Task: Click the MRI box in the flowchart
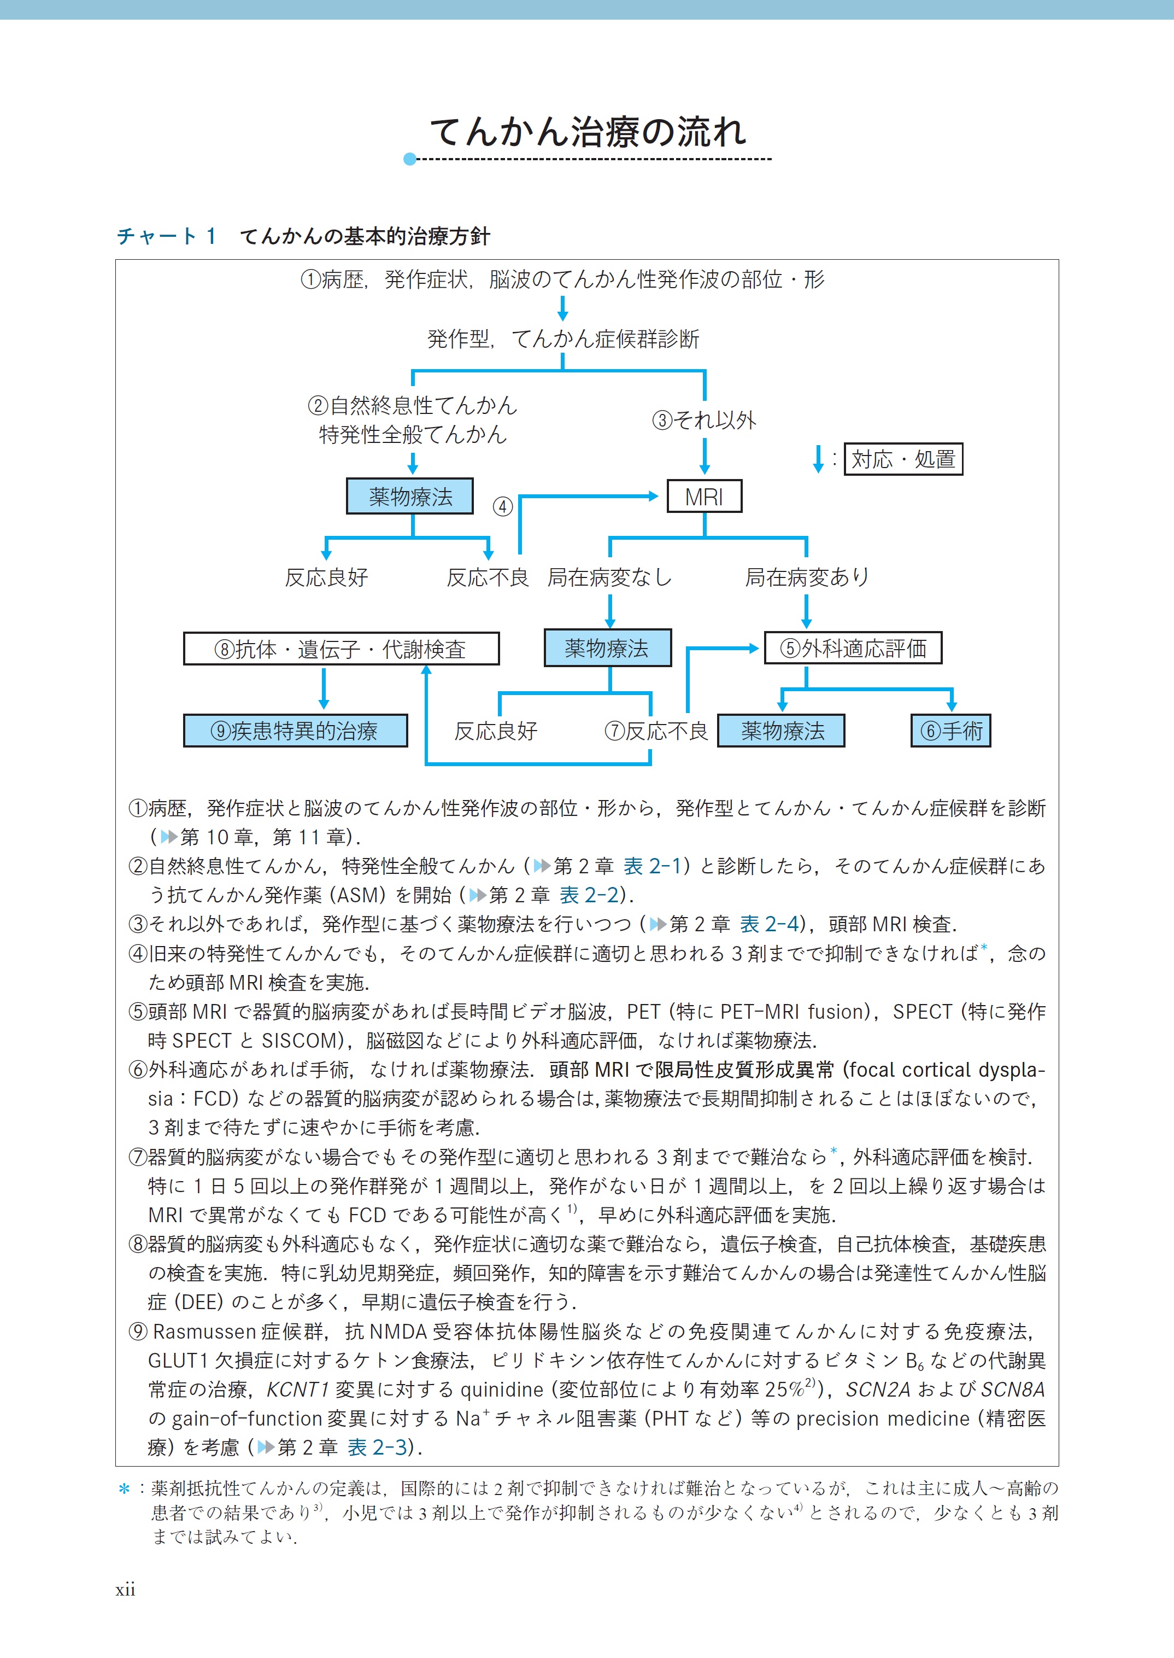(x=704, y=497)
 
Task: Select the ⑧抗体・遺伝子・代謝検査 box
(x=341, y=649)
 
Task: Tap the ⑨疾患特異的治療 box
(x=295, y=731)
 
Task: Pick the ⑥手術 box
(x=950, y=731)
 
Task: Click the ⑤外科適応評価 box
(x=853, y=648)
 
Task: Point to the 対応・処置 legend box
(x=903, y=459)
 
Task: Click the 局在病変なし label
(x=609, y=577)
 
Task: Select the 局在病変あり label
(x=807, y=577)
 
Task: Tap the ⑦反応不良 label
(x=656, y=731)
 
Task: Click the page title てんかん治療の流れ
(x=588, y=132)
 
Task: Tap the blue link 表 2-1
(x=652, y=866)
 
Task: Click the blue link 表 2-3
(x=377, y=1447)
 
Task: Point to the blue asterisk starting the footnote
(x=124, y=1489)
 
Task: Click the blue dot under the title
(x=410, y=159)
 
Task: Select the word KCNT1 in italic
(x=298, y=1389)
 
